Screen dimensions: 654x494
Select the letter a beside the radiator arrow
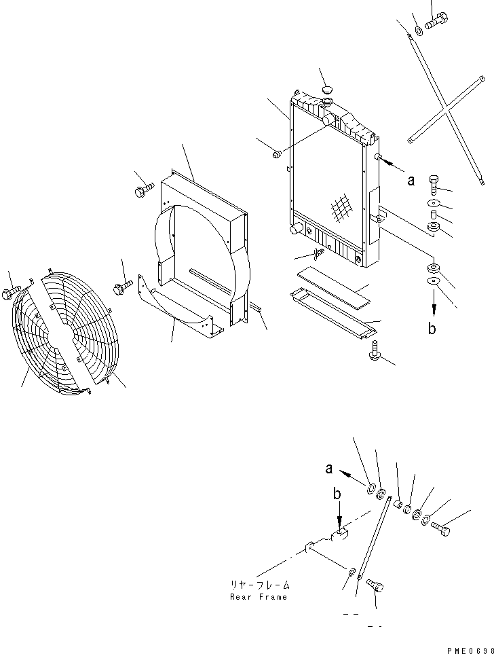coord(410,181)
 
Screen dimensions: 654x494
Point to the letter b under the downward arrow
coord(432,329)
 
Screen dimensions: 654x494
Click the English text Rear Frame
coord(259,597)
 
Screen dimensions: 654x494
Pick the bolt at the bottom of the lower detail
coord(375,586)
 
